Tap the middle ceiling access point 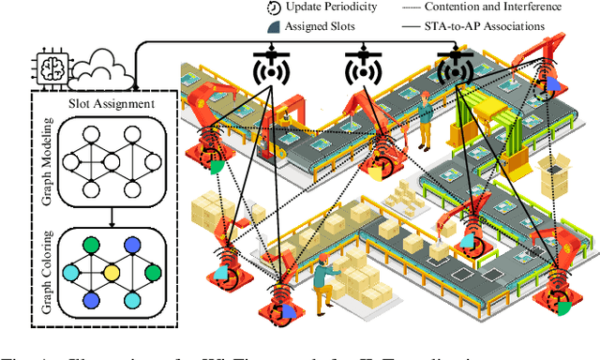(x=363, y=68)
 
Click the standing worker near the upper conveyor (x=425, y=120)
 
